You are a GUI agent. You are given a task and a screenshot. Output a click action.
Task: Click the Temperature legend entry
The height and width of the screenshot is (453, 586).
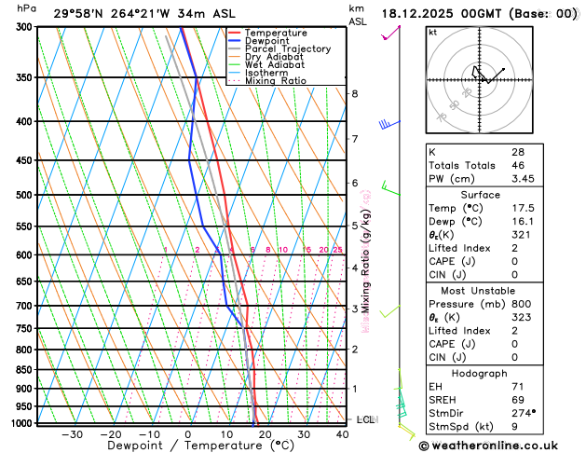pos(278,33)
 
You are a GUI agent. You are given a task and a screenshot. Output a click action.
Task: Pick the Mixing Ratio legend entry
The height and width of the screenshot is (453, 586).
pos(277,80)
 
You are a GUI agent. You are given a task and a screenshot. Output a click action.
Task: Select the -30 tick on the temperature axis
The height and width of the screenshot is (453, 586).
pos(72,433)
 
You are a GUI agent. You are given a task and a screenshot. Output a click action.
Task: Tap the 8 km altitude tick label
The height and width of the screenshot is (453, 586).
pos(354,93)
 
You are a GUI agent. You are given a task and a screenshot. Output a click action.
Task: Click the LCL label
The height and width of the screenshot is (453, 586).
pos(365,419)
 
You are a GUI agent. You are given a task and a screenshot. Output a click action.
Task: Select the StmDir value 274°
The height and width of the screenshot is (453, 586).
pos(523,412)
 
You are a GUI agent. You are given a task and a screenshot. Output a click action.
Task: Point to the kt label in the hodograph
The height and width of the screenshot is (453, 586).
pos(432,33)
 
